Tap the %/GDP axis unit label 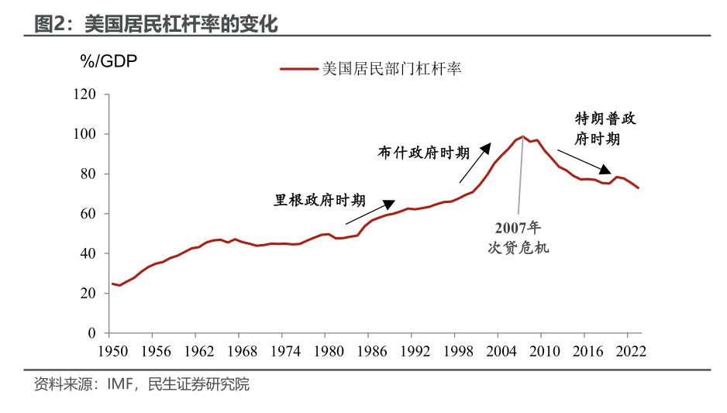[109, 62]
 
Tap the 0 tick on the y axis [92, 333]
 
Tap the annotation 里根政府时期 [320, 200]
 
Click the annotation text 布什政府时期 [423, 153]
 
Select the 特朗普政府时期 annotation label [607, 129]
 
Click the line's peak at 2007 [522, 137]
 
